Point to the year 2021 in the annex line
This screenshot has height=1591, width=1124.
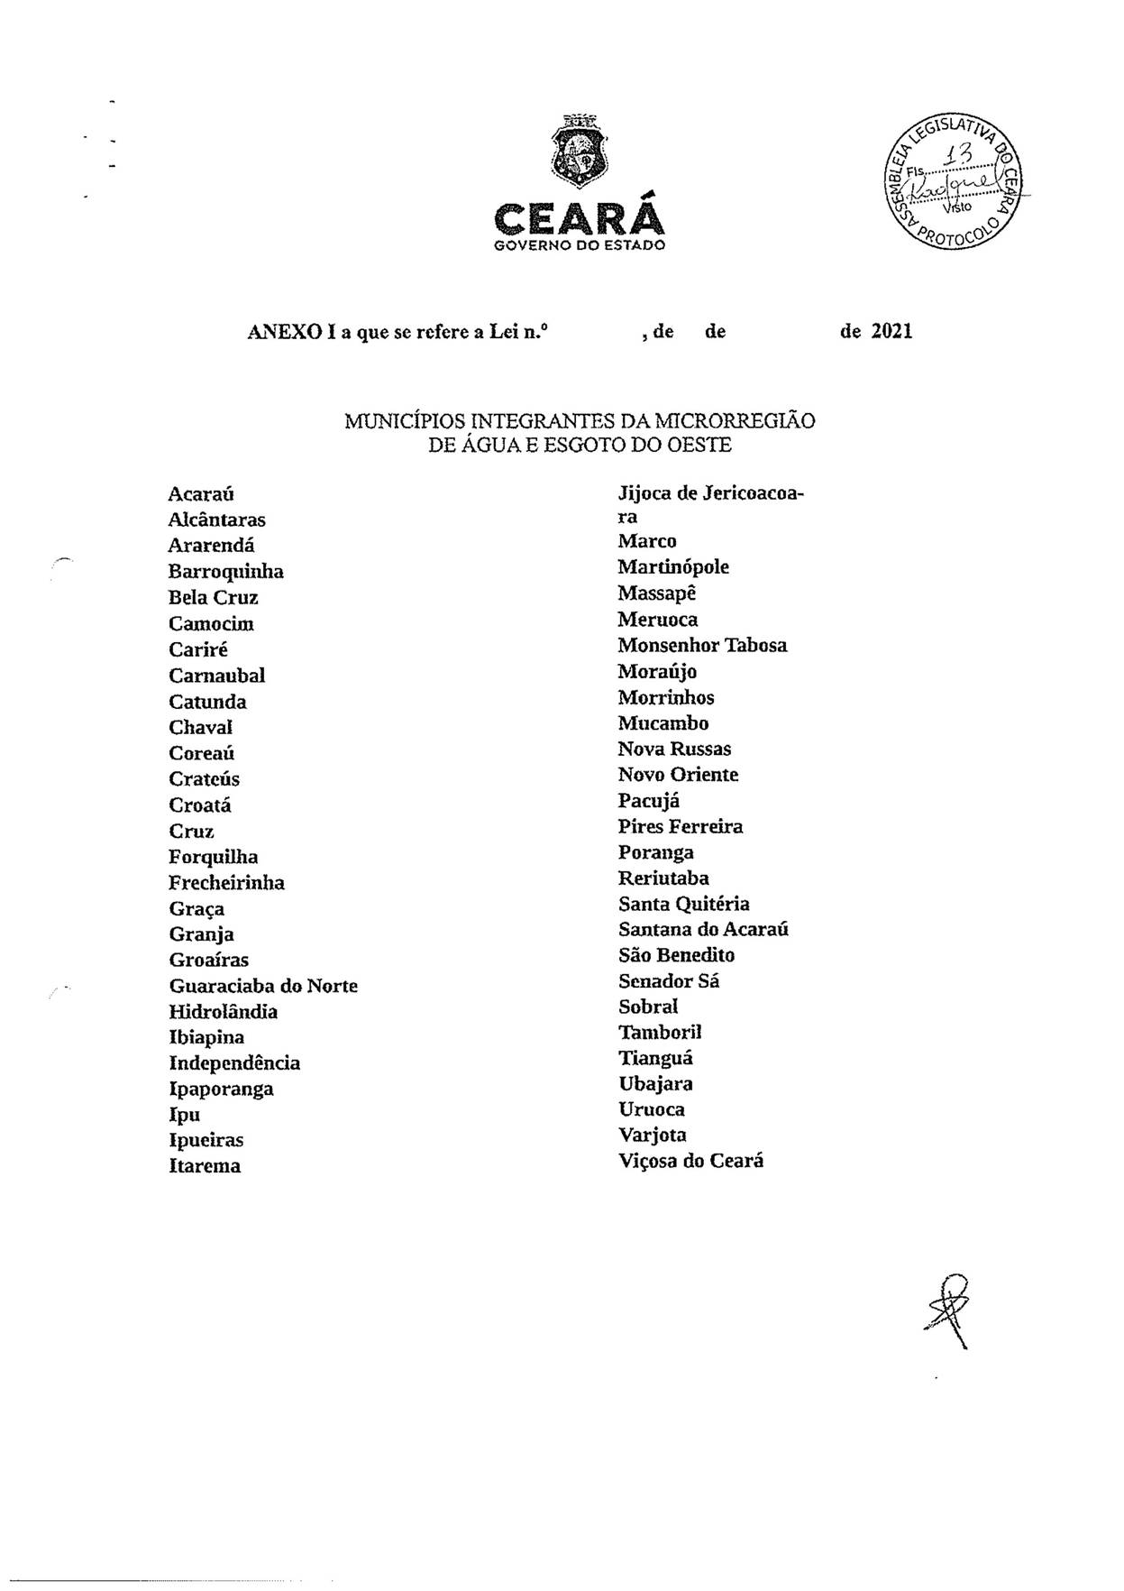[x=891, y=331]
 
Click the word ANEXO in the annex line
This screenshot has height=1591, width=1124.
[x=285, y=332]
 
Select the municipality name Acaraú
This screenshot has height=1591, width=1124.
[x=201, y=493]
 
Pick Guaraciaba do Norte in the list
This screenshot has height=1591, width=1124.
[x=263, y=986]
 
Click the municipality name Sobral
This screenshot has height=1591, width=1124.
[x=647, y=1007]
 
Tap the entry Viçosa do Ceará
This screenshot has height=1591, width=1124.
[x=690, y=1161]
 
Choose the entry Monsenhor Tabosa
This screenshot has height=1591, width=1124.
[x=702, y=645]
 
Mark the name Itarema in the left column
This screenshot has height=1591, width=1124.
[x=205, y=1166]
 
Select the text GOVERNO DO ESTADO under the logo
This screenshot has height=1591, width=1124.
[x=580, y=245]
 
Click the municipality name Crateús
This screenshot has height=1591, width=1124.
[x=204, y=779]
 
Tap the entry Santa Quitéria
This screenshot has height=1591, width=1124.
[x=683, y=904]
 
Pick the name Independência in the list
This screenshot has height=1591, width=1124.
[x=234, y=1063]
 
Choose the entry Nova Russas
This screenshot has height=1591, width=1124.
[x=674, y=749]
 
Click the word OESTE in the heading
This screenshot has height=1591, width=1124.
[x=699, y=445]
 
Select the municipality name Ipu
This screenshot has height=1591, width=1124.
[x=184, y=1115]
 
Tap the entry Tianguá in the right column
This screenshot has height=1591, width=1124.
[x=655, y=1058]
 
